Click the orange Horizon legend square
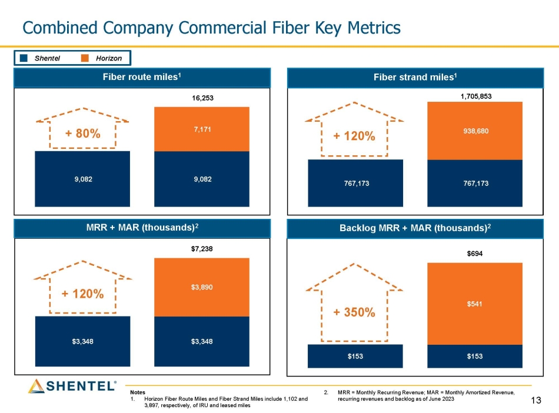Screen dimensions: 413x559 (85, 58)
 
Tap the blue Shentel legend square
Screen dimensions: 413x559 (24, 58)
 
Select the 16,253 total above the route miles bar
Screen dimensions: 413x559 (202, 98)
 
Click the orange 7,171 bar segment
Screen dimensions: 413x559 (202, 129)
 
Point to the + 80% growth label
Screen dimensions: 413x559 (83, 134)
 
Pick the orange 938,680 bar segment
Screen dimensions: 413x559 (475, 131)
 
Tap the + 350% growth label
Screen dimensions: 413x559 (354, 312)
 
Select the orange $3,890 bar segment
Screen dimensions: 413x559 (202, 287)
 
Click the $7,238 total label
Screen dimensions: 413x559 (202, 249)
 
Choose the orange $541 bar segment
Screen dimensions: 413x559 (475, 304)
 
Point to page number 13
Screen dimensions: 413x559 (535, 401)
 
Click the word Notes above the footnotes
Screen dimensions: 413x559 (137, 392)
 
